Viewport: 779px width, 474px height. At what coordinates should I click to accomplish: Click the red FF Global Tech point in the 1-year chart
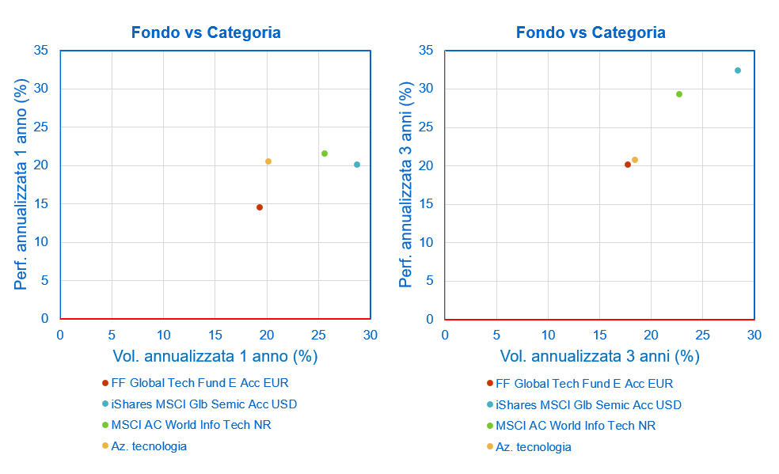259,207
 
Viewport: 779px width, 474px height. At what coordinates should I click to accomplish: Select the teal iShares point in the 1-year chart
357,165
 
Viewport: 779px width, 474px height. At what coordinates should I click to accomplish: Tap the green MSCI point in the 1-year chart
325,154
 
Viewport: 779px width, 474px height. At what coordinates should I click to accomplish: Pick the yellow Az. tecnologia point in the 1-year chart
268,161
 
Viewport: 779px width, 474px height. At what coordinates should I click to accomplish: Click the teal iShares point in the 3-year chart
738,70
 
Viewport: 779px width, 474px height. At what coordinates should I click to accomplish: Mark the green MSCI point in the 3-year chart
679,94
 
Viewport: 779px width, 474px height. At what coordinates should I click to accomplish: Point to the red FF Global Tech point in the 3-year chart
628,165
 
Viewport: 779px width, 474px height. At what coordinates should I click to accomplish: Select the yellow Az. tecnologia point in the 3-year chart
635,160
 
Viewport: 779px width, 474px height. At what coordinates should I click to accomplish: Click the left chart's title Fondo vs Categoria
206,32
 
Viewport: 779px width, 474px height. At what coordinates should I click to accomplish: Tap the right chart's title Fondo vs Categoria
591,32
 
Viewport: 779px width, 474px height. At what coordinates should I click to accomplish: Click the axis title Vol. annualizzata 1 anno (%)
215,356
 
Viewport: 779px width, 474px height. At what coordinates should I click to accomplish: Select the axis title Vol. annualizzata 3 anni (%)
599,356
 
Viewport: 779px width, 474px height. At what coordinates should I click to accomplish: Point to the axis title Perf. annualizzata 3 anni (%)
406,184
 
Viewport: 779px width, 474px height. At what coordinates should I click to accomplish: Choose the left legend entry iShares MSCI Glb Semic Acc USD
204,404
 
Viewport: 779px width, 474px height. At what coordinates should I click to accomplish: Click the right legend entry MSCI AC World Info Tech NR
576,426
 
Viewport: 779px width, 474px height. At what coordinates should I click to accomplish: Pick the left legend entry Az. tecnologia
149,446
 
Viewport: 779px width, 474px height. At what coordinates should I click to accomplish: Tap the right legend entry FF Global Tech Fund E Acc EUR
584,384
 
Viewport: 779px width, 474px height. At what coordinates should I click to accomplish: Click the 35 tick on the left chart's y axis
40,51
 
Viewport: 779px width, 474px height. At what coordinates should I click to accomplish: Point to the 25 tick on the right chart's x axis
703,336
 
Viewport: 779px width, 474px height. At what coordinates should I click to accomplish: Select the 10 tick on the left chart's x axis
163,336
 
